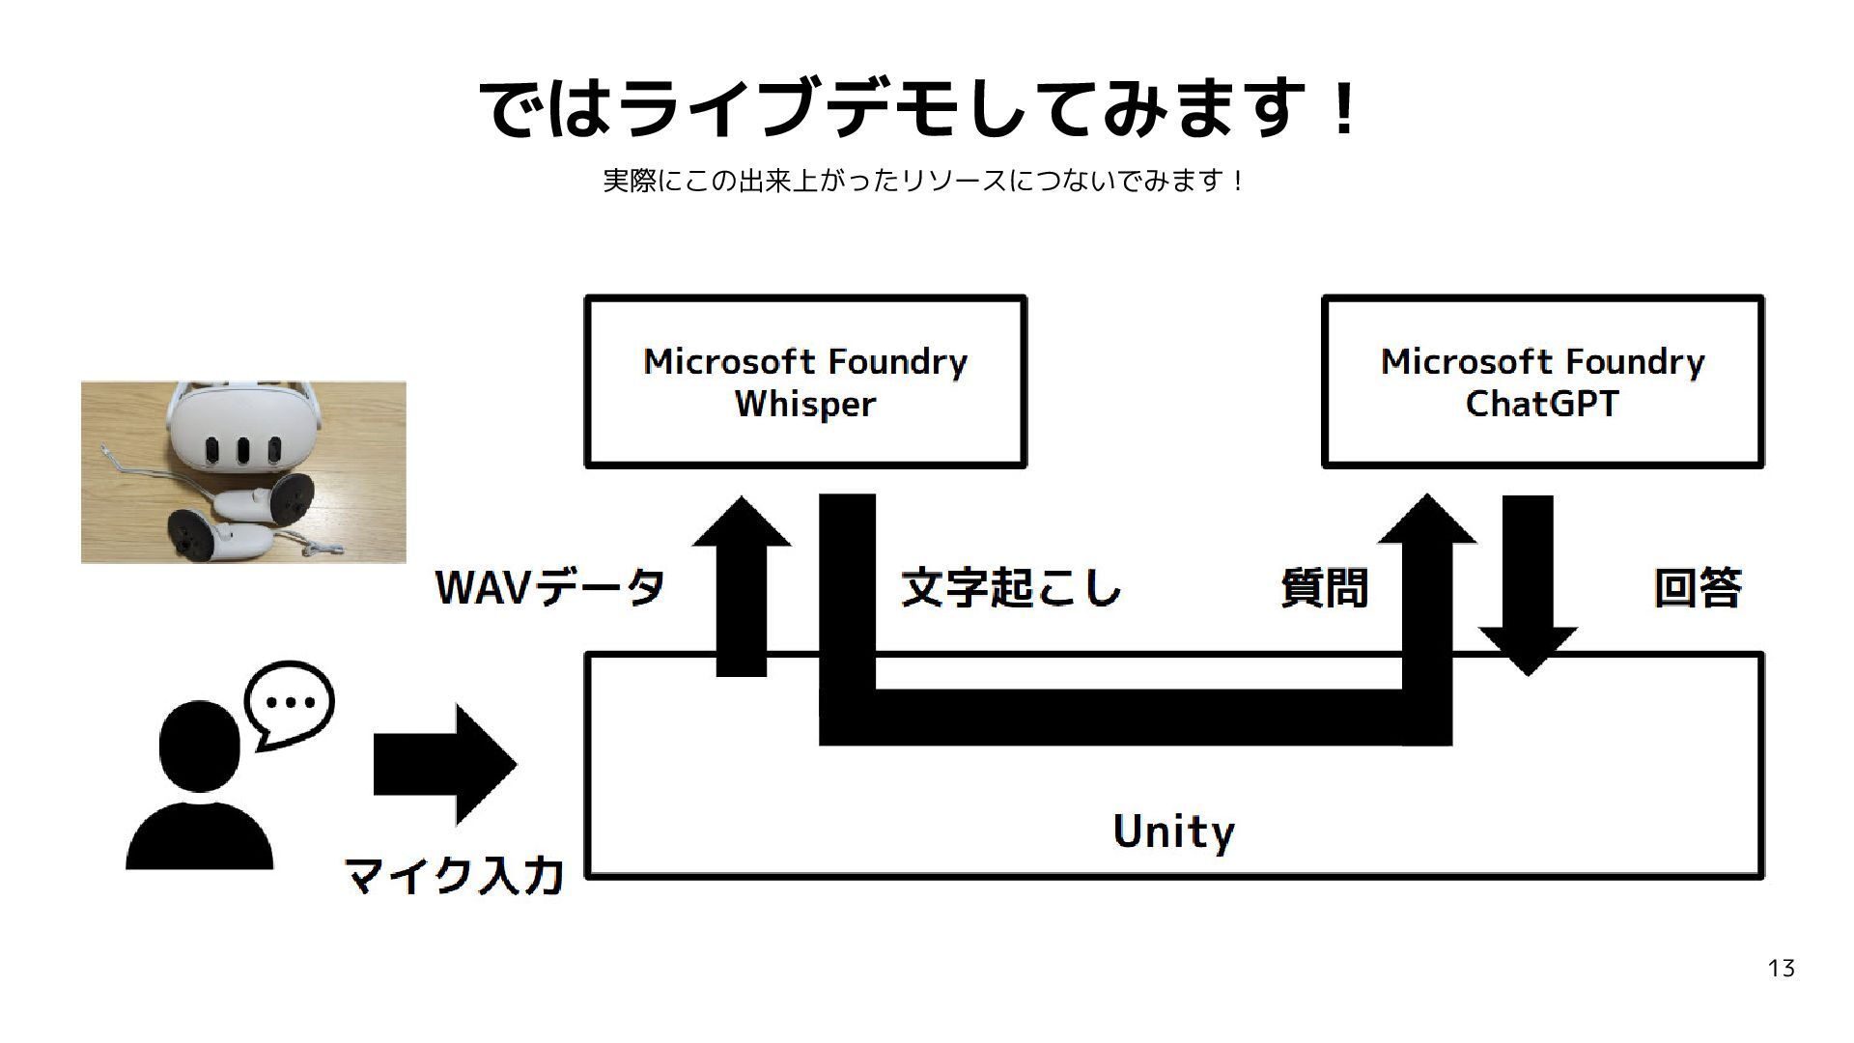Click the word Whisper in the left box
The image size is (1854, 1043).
coord(805,405)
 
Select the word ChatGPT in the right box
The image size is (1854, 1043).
coord(1541,405)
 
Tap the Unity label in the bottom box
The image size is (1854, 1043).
coord(1173,832)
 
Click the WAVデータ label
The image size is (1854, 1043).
coord(550,587)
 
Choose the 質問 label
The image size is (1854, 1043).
coord(1324,587)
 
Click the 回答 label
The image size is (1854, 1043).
coord(1698,587)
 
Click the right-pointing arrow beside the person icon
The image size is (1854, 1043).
coord(444,764)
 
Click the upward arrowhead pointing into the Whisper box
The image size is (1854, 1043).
coord(742,526)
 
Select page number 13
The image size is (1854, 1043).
coord(1781,969)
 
